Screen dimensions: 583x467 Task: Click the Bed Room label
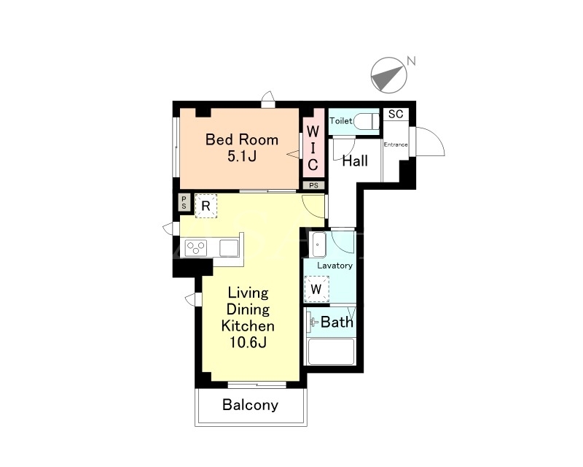[242, 139]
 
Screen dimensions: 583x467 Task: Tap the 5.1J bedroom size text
[242, 156]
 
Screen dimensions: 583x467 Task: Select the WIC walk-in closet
[313, 148]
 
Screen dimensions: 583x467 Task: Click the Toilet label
[340, 120]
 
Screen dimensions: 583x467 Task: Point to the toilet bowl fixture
[367, 121]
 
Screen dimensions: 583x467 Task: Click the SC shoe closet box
[396, 114]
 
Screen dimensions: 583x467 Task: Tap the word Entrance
[396, 144]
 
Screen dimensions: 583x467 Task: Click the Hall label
[355, 161]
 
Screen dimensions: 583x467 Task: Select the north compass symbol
[389, 75]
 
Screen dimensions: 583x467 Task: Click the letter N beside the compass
[411, 61]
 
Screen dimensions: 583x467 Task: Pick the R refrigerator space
[206, 206]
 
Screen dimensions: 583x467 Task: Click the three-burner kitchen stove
[196, 248]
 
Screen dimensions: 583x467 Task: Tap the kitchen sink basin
[229, 248]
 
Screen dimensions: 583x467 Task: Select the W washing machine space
[316, 289]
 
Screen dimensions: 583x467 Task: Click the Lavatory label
[334, 266]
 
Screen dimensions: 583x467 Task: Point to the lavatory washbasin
[319, 244]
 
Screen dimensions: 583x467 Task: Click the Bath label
[337, 322]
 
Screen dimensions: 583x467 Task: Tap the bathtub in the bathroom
[331, 351]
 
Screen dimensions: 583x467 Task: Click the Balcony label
[250, 405]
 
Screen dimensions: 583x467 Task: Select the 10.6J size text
[248, 342]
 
